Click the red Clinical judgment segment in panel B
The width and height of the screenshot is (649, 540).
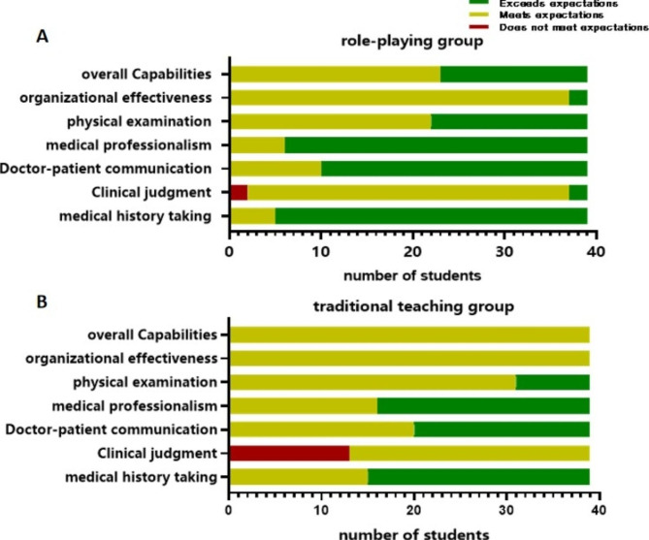(x=288, y=452)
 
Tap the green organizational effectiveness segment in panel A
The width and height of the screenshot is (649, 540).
(x=577, y=97)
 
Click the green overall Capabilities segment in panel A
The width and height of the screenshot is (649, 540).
(x=513, y=74)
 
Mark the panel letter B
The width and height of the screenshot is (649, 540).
(x=42, y=301)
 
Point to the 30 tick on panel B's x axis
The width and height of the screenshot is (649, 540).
(x=505, y=509)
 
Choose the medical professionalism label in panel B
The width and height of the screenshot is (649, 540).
(x=146, y=405)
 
